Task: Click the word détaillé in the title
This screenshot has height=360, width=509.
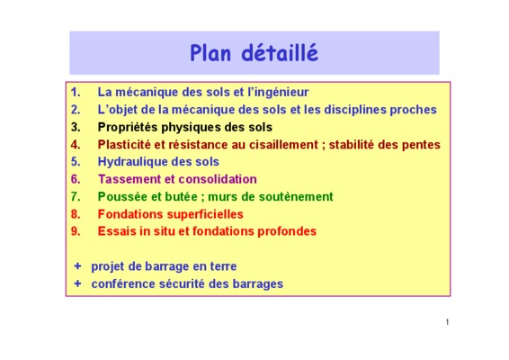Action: [280, 52]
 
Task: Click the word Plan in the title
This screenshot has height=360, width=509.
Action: [210, 53]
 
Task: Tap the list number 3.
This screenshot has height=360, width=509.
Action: [76, 127]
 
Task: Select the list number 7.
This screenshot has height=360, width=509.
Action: [76, 196]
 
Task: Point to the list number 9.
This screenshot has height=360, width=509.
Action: [76, 231]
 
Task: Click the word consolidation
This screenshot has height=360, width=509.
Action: [218, 179]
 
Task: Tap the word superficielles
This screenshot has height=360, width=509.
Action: [205, 214]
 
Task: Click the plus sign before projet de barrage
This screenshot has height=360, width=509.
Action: [77, 266]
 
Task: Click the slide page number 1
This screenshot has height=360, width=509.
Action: [447, 322]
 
